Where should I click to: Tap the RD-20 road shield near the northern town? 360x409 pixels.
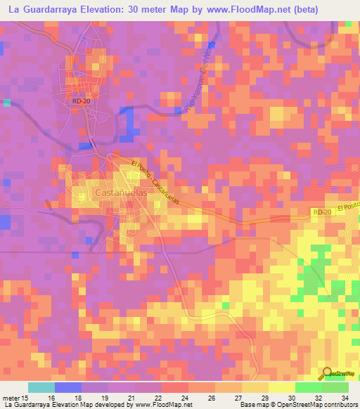pos(81,101)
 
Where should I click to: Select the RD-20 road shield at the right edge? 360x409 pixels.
pos(321,212)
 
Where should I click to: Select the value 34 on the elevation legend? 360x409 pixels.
pos(344,397)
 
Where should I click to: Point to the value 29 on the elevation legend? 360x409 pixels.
pos(264,397)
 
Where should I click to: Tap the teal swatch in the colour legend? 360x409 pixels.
pos(41,387)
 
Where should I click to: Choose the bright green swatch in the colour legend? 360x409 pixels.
pos(308,387)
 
